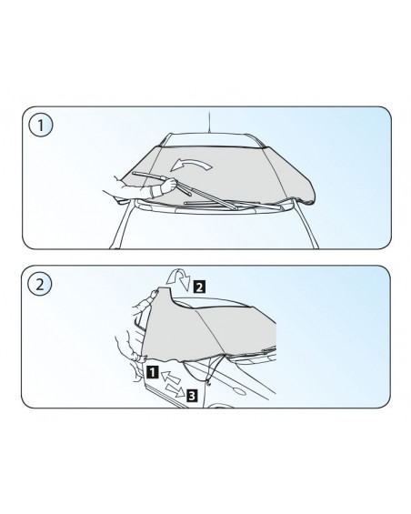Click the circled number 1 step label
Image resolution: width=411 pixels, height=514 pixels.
(41, 126)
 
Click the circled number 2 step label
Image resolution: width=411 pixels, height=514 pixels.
(40, 284)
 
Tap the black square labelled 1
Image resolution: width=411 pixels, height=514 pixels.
(153, 372)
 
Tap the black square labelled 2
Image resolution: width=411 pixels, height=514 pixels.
(200, 287)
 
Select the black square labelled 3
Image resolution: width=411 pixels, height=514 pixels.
(192, 396)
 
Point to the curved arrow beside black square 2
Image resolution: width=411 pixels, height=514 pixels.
(178, 278)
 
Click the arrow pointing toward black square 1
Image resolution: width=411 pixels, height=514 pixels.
(171, 378)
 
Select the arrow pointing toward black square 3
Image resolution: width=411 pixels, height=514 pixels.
(175, 390)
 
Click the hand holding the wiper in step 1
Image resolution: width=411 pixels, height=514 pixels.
(168, 186)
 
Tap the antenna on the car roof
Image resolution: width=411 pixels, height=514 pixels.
(209, 122)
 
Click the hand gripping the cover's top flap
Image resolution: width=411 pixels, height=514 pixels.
(153, 294)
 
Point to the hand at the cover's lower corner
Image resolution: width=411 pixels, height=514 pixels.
(136, 356)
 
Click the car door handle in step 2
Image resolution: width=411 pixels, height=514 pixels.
(238, 391)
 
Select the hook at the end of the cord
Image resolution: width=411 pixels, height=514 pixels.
(208, 381)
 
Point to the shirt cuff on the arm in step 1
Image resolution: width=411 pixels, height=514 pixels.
(155, 192)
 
